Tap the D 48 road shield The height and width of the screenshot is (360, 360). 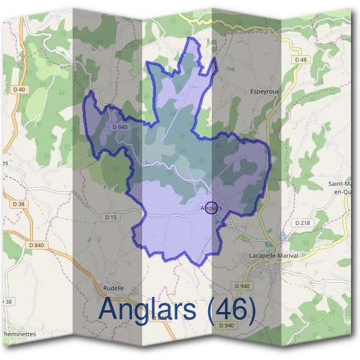[x=301, y=59]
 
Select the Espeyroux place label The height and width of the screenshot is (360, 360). [x=265, y=92]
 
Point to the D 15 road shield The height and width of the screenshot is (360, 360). [x=110, y=217]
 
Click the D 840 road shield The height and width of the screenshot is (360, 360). [x=37, y=245]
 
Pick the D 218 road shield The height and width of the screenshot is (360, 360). [x=302, y=222]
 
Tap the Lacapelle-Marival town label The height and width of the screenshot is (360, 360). [x=273, y=256]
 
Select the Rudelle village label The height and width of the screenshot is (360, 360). [x=113, y=288]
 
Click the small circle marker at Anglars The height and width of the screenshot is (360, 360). [x=211, y=208]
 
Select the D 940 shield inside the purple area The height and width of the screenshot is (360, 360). [x=119, y=127]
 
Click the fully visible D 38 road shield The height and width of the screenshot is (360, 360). [x=19, y=204]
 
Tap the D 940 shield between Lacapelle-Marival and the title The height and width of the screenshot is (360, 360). [x=242, y=286]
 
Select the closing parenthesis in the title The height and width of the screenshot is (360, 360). [x=251, y=310]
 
